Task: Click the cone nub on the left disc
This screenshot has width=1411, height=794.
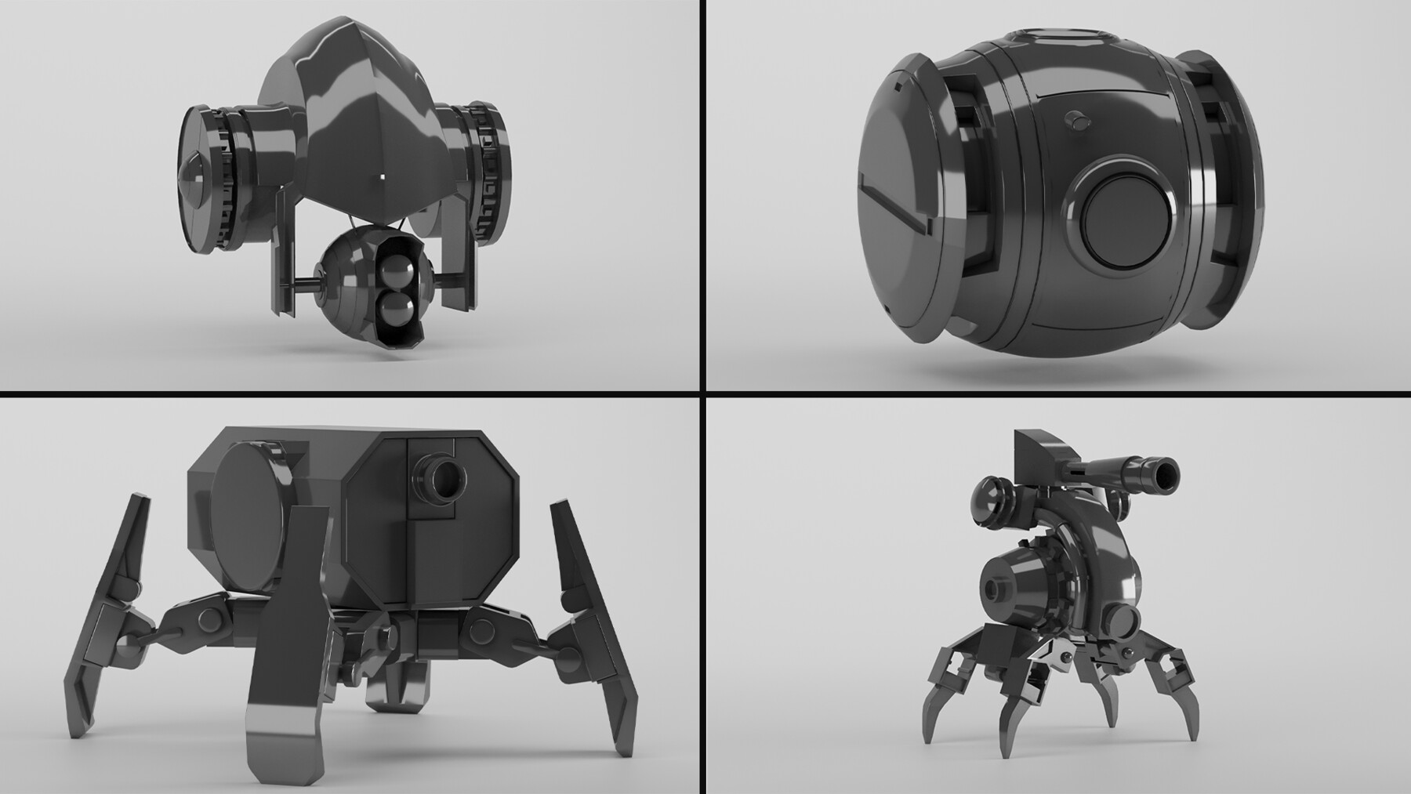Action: [191, 185]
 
